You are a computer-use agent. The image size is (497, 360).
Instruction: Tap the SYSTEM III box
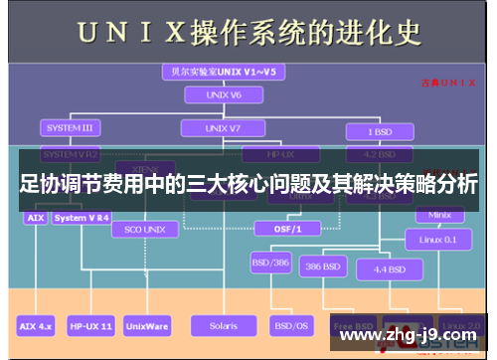69,128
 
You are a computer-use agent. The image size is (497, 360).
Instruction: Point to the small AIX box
35,218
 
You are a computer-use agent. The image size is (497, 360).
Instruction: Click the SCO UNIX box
145,228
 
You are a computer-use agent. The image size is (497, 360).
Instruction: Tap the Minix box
438,215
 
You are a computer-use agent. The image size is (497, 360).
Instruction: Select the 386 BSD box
325,267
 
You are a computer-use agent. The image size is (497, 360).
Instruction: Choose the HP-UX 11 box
91,325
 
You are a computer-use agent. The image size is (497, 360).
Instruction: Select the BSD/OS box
291,325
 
